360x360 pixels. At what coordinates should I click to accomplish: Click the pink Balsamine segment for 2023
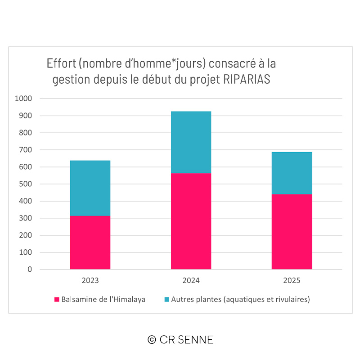point(90,243)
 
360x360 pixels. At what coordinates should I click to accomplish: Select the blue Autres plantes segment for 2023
point(90,188)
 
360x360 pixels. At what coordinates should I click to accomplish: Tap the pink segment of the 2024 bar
point(191,221)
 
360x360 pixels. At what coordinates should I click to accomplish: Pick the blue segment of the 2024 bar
point(191,142)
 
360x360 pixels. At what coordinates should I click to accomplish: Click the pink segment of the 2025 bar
point(292,232)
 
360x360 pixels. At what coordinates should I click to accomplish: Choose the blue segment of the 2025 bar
point(292,173)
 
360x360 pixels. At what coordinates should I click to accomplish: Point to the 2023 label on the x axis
point(90,280)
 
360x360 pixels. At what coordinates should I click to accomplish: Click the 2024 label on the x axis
point(191,280)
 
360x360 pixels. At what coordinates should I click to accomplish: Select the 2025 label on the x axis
point(292,280)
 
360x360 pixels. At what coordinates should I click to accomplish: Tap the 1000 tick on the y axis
point(23,99)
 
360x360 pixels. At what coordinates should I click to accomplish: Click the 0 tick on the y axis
point(30,270)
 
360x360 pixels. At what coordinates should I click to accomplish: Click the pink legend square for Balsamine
point(57,299)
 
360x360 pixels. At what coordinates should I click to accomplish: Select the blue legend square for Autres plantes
point(166,299)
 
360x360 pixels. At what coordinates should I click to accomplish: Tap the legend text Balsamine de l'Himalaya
point(103,299)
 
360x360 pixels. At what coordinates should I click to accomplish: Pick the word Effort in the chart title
point(61,63)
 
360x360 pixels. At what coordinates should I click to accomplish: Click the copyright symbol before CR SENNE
point(152,340)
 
